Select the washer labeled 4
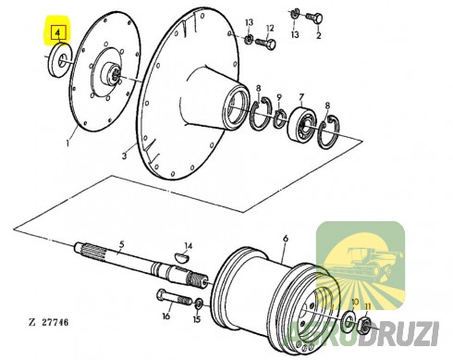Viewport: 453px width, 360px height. (60, 60)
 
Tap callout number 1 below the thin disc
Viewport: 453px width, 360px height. (68, 143)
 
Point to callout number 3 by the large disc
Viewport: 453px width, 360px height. (124, 155)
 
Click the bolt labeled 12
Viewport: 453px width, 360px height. (265, 43)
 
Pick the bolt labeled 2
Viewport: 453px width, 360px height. (314, 18)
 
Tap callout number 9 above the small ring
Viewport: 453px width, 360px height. (279, 97)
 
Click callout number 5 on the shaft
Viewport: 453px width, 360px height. (122, 244)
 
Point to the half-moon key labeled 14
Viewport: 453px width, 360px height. (182, 257)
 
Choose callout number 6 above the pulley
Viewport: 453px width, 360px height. (286, 239)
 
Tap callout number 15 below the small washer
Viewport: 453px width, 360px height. (197, 318)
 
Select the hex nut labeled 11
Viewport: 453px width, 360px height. (365, 326)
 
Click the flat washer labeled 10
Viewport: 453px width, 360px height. (349, 321)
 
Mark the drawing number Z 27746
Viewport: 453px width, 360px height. (49, 323)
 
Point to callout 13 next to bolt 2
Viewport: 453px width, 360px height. (295, 34)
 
